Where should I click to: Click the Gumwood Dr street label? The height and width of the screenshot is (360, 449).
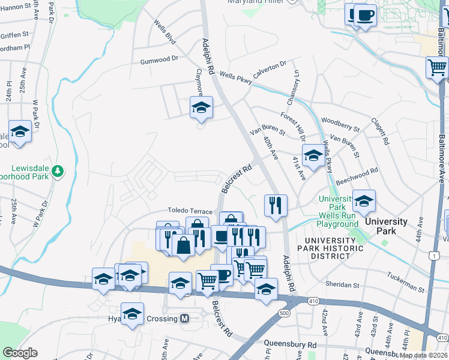click(x=160, y=60)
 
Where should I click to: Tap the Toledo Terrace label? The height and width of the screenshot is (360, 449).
click(x=190, y=212)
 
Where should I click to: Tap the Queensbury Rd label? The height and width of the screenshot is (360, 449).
click(x=290, y=345)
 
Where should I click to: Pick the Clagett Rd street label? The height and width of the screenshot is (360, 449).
click(x=380, y=132)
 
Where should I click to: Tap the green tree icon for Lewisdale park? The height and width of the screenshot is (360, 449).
click(x=58, y=172)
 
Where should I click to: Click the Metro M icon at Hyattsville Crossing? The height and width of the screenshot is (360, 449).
click(x=185, y=319)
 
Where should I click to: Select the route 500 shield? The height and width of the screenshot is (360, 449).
click(x=285, y=313)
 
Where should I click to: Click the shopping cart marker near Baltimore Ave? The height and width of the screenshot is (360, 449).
click(x=437, y=67)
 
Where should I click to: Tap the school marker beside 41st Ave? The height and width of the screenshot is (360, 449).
click(x=313, y=155)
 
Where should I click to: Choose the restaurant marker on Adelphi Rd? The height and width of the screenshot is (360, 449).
click(x=276, y=206)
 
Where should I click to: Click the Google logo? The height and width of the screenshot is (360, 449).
click(x=20, y=353)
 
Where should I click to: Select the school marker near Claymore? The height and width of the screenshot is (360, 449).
click(x=202, y=108)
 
